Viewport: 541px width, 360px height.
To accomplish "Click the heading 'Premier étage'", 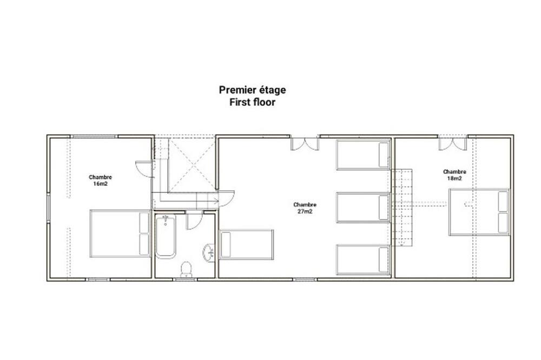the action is coord(252,90).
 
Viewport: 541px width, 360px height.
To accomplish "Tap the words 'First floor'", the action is coord(252,102).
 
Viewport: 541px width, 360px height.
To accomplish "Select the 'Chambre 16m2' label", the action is coord(100,181).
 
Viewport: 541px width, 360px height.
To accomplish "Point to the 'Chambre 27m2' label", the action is coord(305,208).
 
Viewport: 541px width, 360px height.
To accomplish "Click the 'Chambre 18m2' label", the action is coord(454,175).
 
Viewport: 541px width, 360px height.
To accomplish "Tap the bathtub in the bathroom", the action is coord(165,236).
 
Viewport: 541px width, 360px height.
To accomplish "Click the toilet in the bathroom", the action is coord(186,269).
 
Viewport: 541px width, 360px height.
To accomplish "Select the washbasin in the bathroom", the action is coord(209,252).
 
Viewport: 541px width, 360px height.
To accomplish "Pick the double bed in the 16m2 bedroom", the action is coord(120,234).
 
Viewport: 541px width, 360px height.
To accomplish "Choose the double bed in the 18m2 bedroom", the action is coord(479,212).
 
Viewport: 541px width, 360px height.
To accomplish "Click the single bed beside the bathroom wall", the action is coord(246,244).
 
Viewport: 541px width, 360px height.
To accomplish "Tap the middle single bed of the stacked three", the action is coord(364,207).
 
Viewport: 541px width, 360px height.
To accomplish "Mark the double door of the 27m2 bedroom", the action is coord(305,144).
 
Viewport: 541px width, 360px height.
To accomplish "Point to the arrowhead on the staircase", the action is coord(216,201).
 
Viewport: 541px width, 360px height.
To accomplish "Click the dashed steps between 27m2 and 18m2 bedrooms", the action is coord(402,207).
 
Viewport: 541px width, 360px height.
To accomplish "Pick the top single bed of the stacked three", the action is coord(364,155).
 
